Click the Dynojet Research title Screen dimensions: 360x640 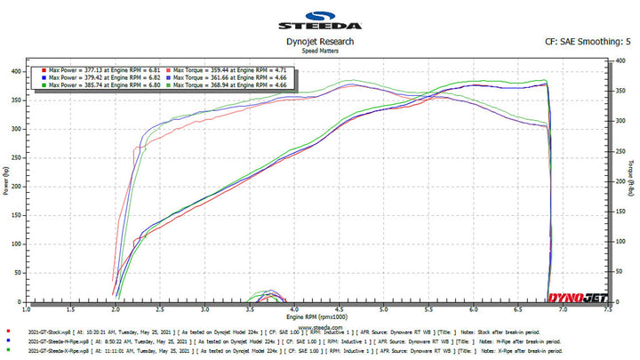click(320, 42)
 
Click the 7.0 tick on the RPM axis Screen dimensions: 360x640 click(563, 311)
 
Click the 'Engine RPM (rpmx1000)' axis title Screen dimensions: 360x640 click(316, 316)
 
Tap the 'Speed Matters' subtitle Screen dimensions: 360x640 click(320, 51)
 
